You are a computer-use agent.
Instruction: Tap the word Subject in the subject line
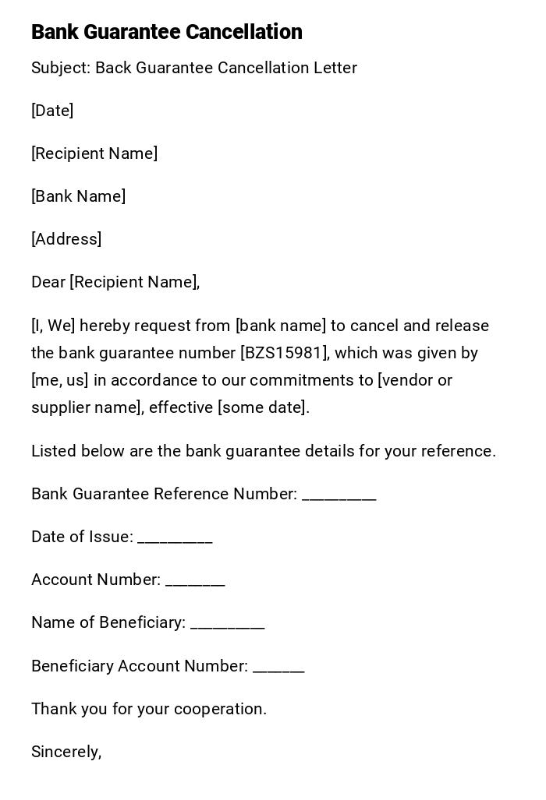click(60, 69)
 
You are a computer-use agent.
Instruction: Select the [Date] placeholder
click(52, 111)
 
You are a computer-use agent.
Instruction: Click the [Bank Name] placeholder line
click(78, 196)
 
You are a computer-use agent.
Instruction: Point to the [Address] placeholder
click(66, 239)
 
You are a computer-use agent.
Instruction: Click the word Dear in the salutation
click(48, 282)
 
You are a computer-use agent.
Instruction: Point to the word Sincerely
click(66, 752)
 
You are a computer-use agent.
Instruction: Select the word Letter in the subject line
click(335, 69)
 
